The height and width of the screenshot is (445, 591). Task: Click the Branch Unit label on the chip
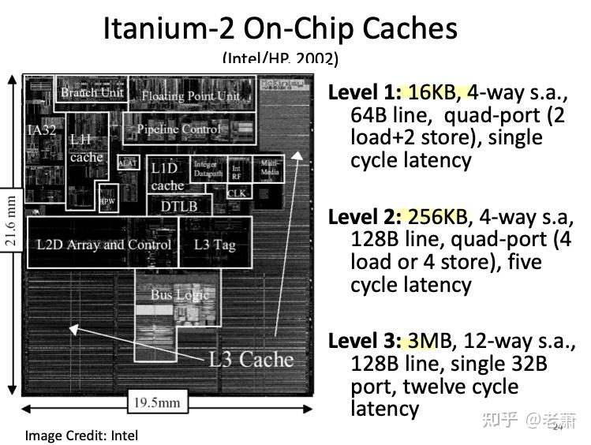click(x=92, y=93)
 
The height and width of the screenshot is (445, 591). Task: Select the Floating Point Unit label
click(x=190, y=96)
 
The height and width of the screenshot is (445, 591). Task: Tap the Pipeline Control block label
click(x=179, y=129)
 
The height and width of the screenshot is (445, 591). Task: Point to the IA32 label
click(x=42, y=130)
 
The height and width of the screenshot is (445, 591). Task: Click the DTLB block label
click(x=179, y=206)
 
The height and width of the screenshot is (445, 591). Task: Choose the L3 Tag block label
click(x=215, y=245)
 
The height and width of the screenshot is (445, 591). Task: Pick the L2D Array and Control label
click(x=103, y=245)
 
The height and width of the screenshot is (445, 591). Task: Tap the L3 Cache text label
click(x=250, y=360)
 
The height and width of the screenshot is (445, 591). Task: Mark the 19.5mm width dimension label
click(x=156, y=403)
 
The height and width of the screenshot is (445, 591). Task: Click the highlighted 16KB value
click(x=432, y=92)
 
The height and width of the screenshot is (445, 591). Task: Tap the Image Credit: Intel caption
click(x=81, y=435)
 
